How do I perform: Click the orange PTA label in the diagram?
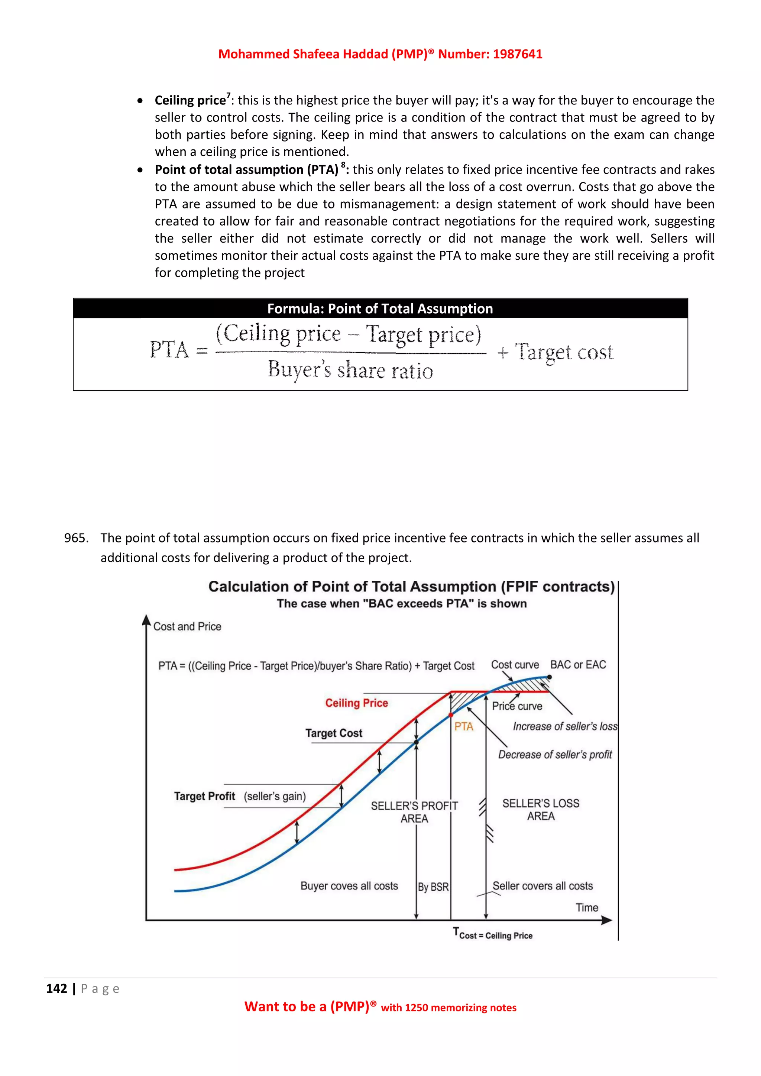tap(463, 726)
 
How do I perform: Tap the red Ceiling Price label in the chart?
tap(357, 703)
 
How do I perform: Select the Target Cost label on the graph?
tap(334, 733)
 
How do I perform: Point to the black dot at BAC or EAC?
tap(549, 677)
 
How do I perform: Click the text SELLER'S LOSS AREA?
tap(541, 810)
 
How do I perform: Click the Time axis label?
tap(587, 908)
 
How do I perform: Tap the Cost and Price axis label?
tap(187, 626)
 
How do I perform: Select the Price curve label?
tap(517, 706)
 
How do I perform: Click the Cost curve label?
tap(515, 665)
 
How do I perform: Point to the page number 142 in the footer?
tap(57, 989)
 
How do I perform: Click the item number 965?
tap(76, 538)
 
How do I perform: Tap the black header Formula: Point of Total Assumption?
tap(380, 309)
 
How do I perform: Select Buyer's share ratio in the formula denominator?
tap(350, 370)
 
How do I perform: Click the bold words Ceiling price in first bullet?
tap(190, 101)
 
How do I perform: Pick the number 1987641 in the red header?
tap(517, 54)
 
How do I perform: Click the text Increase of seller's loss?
tap(565, 726)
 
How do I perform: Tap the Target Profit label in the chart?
tap(205, 796)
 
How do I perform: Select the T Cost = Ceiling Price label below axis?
tap(493, 934)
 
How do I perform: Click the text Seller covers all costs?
tap(543, 886)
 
